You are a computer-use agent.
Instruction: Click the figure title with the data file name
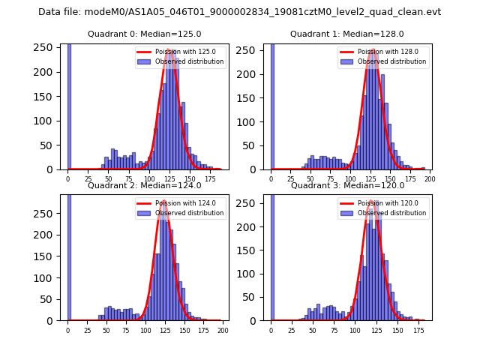pos(239,12)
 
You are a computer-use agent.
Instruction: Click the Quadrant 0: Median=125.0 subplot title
pos(144,34)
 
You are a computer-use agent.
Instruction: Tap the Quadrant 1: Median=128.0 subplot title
pos(347,34)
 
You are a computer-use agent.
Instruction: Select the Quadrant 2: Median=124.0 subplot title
pos(144,185)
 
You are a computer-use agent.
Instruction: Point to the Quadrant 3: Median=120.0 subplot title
pos(347,185)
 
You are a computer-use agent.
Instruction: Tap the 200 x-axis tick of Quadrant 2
pos(222,330)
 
